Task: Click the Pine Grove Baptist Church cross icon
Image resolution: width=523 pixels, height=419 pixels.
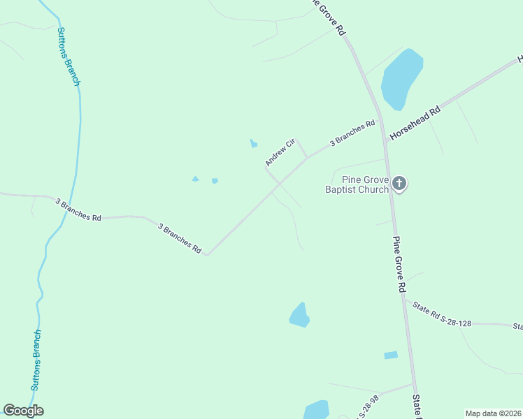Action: pos(399,184)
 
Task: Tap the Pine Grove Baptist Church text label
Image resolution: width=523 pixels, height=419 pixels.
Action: pos(357,184)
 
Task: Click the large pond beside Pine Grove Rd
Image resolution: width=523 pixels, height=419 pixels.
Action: pos(401,79)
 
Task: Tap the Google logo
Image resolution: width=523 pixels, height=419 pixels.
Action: pos(23,411)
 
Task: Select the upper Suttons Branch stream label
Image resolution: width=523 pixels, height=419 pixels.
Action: pos(69,57)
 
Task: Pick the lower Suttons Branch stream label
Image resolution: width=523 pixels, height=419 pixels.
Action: pos(36,360)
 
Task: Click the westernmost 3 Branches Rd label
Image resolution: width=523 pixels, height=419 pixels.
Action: pos(78,209)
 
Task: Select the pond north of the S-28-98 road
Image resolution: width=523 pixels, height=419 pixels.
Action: pos(299,316)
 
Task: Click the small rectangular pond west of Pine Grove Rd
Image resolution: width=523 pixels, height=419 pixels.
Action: pos(391,355)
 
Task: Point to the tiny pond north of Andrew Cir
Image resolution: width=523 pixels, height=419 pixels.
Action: pos(253,144)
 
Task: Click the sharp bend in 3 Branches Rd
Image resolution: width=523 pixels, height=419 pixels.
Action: pos(206,254)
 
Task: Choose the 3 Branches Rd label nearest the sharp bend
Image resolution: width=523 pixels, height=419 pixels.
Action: pos(180,238)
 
